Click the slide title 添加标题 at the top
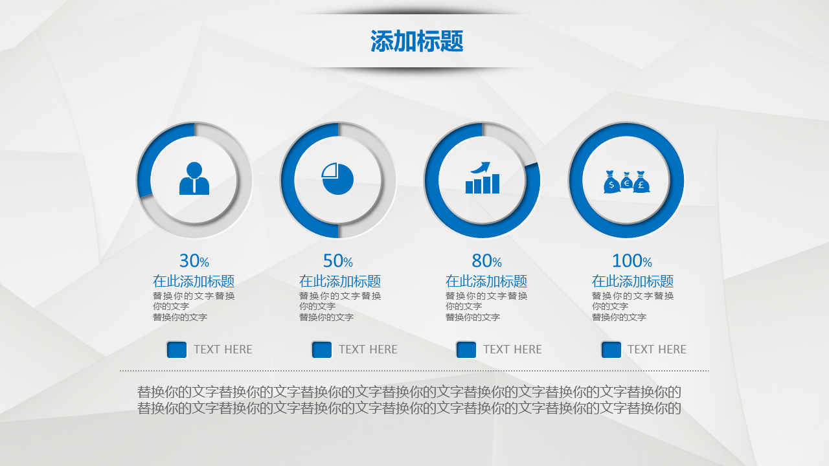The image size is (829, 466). [x=416, y=41]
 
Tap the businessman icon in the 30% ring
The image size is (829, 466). [x=194, y=178]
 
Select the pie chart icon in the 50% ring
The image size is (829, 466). [x=337, y=179]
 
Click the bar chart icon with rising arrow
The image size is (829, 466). [x=483, y=177]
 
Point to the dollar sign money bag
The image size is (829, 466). [x=611, y=182]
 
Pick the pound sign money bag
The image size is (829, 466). [x=641, y=182]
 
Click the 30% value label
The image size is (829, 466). [x=194, y=261]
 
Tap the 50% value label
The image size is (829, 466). [x=338, y=261]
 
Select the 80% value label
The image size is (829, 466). [x=486, y=261]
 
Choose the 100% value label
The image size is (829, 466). [x=632, y=261]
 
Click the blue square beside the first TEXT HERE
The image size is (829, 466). [x=177, y=349]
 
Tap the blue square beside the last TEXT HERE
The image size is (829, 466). [x=611, y=349]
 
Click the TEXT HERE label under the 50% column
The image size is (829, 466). [x=369, y=349]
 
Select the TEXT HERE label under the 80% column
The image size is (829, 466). [x=512, y=349]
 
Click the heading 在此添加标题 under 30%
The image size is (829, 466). [x=194, y=281]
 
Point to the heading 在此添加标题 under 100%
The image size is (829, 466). [x=633, y=281]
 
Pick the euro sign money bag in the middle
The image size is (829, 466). [x=626, y=181]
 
